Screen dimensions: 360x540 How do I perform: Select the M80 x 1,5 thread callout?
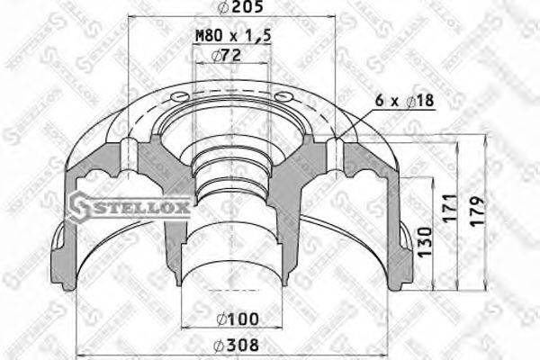(231, 36)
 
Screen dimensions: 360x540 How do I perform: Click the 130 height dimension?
(426, 239)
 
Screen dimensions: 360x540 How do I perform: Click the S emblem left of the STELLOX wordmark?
(82, 206)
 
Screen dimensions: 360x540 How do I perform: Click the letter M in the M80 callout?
(201, 36)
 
